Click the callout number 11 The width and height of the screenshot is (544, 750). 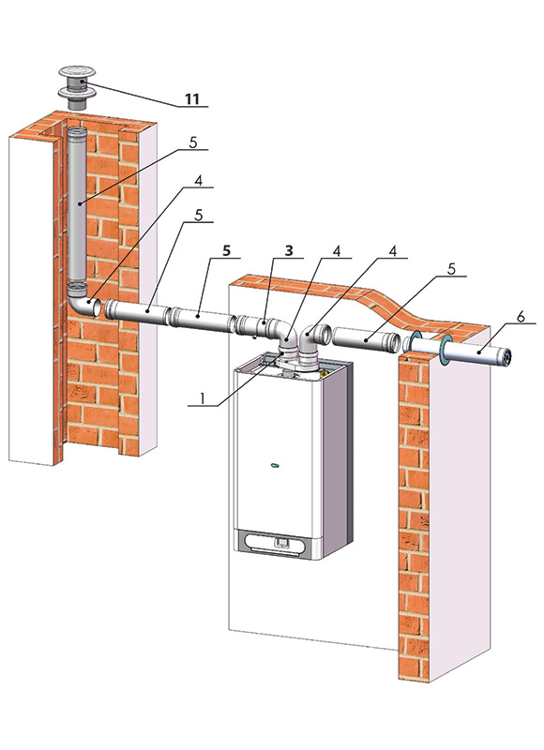pos(192,99)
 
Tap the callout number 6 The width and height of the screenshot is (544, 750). pos(521,316)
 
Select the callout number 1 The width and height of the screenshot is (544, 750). pos(203,398)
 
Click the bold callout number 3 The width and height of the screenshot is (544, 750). pos(289,250)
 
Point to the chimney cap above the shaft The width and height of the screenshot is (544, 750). pos(77,87)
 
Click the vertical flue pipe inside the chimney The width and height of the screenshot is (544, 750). pos(77,205)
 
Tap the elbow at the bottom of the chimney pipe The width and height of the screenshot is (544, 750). pos(82,300)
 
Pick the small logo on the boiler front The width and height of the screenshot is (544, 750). pos(275,464)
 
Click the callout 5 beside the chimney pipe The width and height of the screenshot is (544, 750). pos(193,143)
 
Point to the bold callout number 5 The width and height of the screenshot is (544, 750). pos(227,250)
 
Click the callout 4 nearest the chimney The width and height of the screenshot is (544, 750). pos(198,180)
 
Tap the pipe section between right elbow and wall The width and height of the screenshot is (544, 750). pos(367,339)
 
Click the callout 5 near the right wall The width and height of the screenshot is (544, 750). pos(451,269)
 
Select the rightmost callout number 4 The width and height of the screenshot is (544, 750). pos(393,250)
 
